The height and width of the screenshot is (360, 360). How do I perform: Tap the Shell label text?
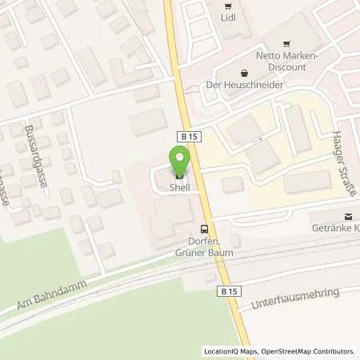click(179, 188)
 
